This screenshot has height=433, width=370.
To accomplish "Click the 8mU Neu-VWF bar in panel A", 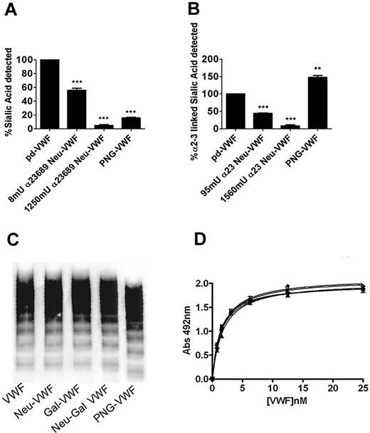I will pos(80,109).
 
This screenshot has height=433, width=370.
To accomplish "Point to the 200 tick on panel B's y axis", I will pos(224,59).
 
